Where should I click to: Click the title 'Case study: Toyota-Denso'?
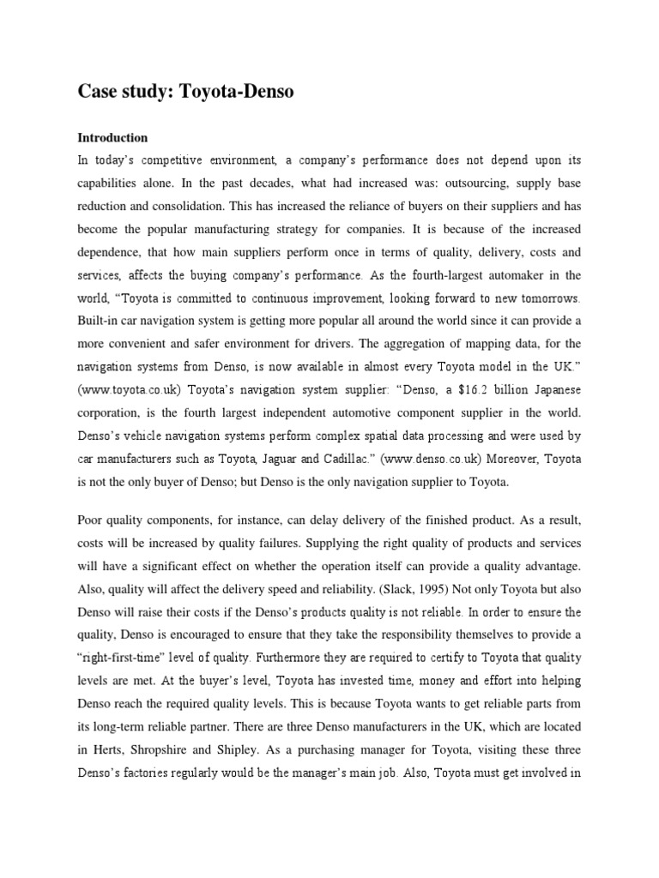click(185, 92)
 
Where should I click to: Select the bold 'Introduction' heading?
click(112, 137)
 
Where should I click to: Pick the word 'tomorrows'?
click(549, 298)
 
